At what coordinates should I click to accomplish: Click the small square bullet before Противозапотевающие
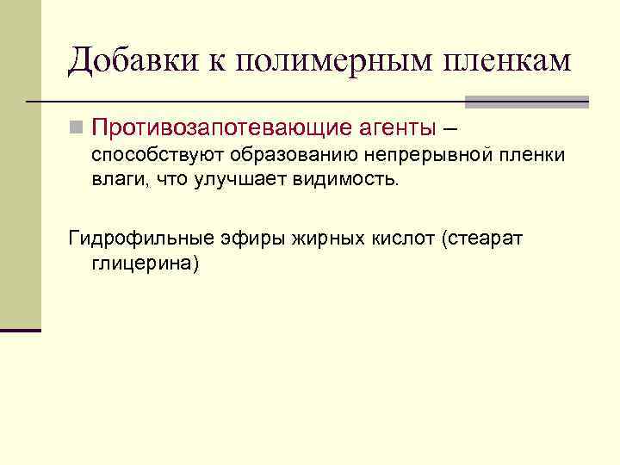(x=77, y=129)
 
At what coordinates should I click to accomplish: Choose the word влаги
(x=117, y=180)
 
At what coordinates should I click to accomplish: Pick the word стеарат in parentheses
(x=485, y=239)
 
